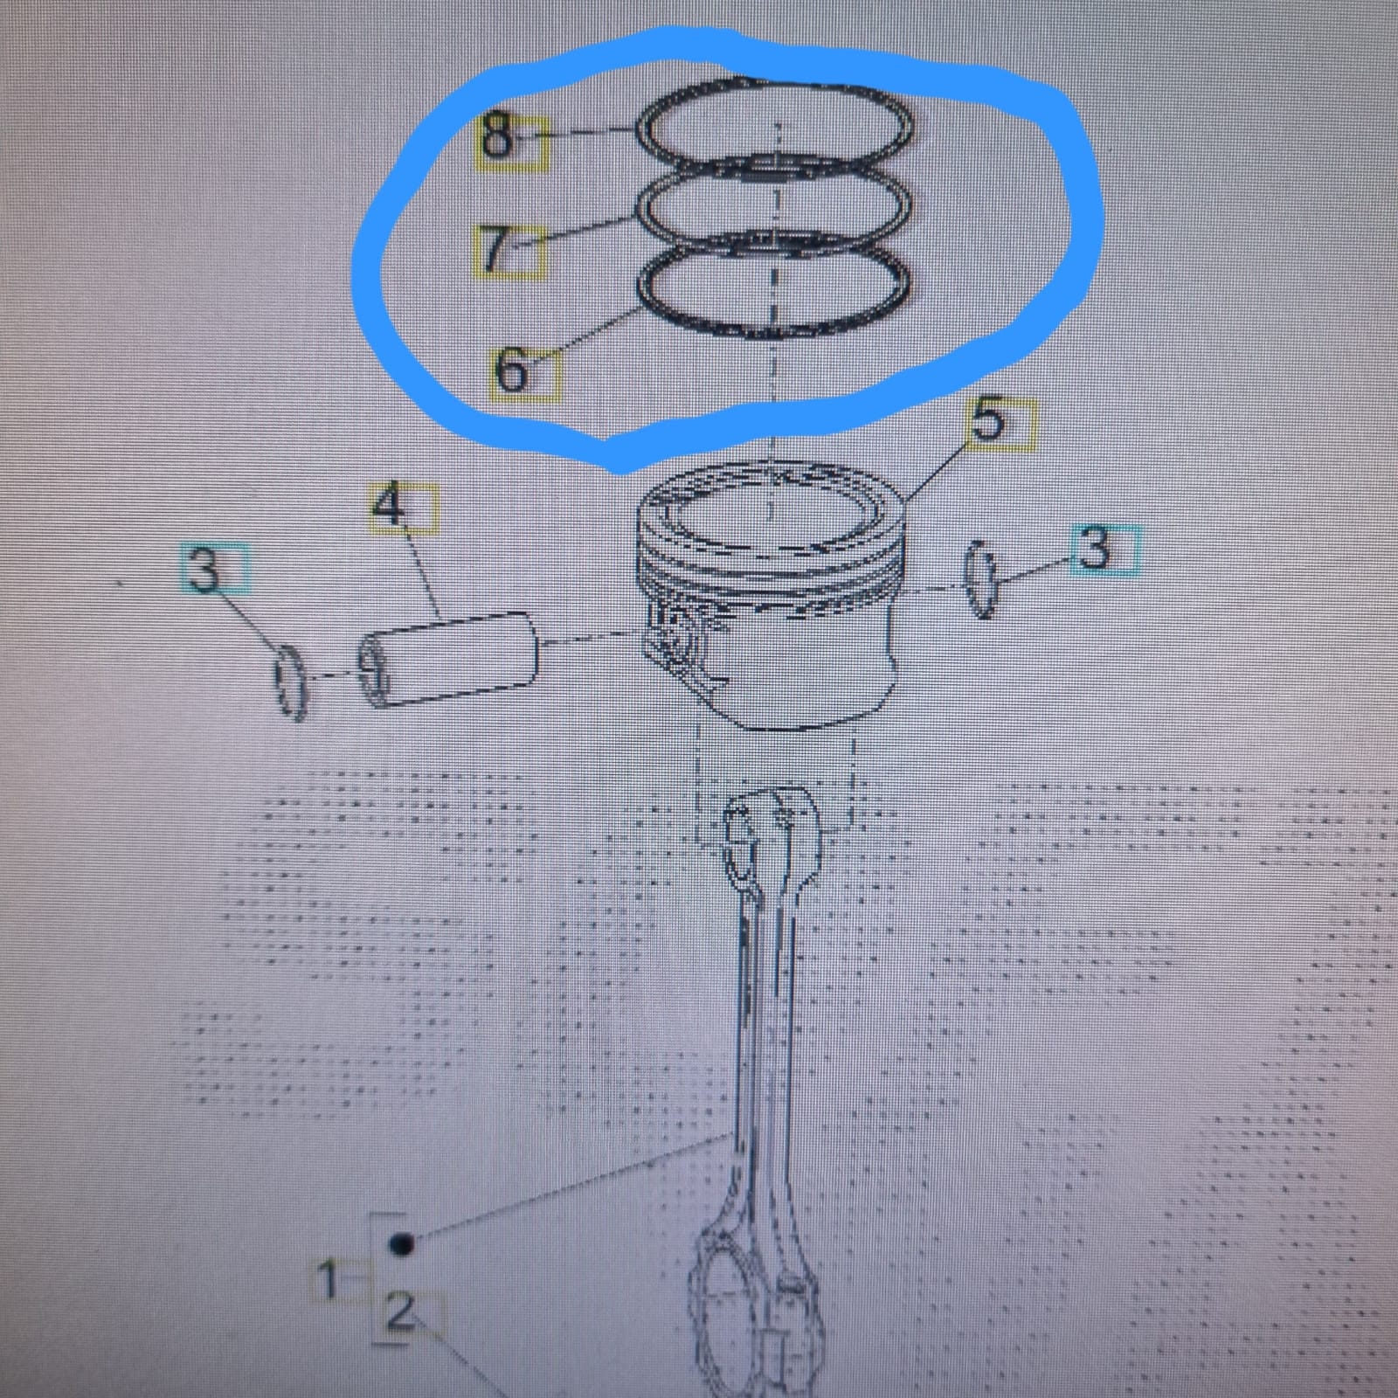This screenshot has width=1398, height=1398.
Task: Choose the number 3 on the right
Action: [x=1096, y=549]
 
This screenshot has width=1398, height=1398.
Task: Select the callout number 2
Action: [x=399, y=1313]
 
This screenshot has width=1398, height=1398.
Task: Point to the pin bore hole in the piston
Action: [x=677, y=631]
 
